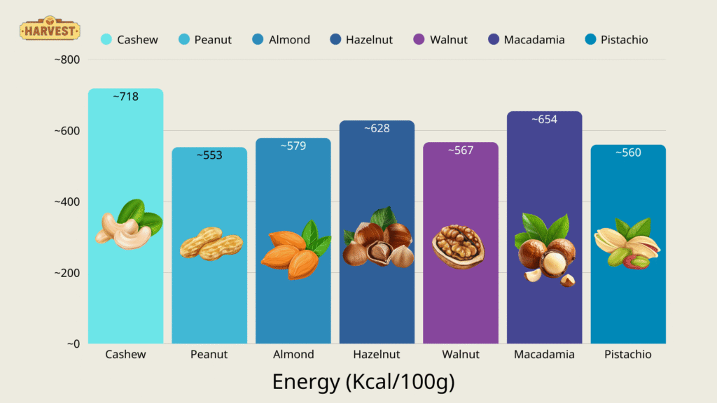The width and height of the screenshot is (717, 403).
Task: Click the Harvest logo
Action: pos(49,30)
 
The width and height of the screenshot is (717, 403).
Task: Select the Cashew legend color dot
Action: pos(106,40)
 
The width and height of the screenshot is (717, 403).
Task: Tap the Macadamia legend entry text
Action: pos(534,40)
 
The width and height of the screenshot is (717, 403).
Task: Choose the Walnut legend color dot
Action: pos(419,40)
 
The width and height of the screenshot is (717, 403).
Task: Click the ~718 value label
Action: pos(126,97)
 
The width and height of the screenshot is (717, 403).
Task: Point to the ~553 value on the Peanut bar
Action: pos(209,155)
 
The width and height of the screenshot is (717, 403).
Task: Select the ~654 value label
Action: pos(544,119)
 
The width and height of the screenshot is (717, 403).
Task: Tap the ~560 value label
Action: pos(628,153)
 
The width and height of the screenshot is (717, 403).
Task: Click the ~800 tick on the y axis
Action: pos(67,60)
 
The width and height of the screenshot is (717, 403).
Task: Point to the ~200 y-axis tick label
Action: pos(67,273)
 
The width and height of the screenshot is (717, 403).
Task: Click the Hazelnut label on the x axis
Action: pos(377,355)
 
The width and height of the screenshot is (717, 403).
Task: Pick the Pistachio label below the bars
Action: pos(627,355)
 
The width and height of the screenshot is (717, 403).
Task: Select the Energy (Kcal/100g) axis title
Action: pos(363,382)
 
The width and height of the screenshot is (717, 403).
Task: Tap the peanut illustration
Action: pos(211,243)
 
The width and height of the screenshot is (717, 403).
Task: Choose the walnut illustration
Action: pos(458,246)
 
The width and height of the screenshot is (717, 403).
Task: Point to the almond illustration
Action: pos(295,252)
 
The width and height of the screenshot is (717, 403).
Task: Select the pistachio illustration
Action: pos(626,244)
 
